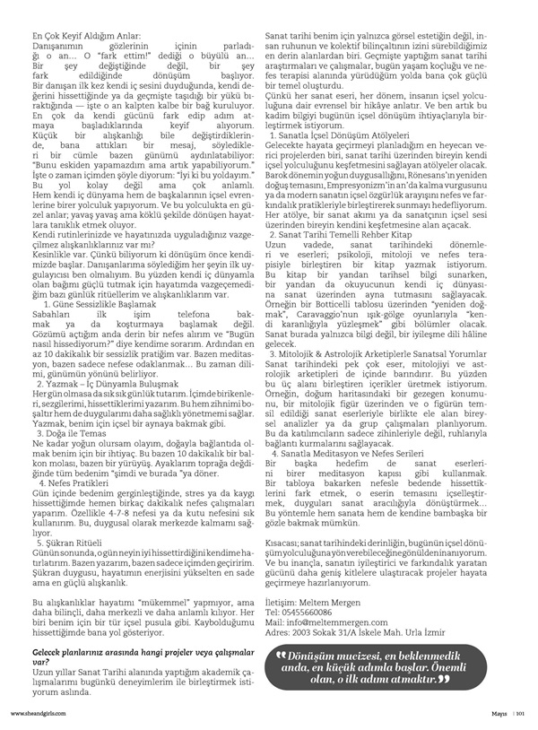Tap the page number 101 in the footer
pos(519,714)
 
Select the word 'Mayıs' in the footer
pos(500,714)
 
